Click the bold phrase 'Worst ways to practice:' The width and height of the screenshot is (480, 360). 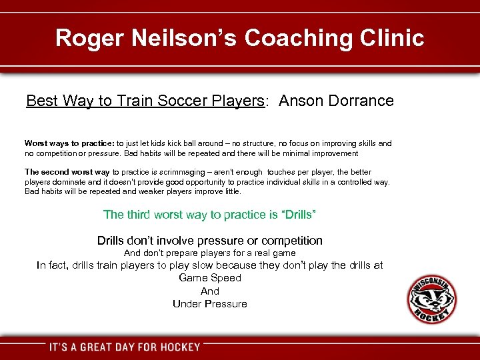pos(69,143)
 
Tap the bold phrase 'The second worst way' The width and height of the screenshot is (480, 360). pos(67,172)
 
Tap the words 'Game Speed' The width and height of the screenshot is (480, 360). pos(210,278)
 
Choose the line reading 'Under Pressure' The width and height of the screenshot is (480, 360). pos(210,304)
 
